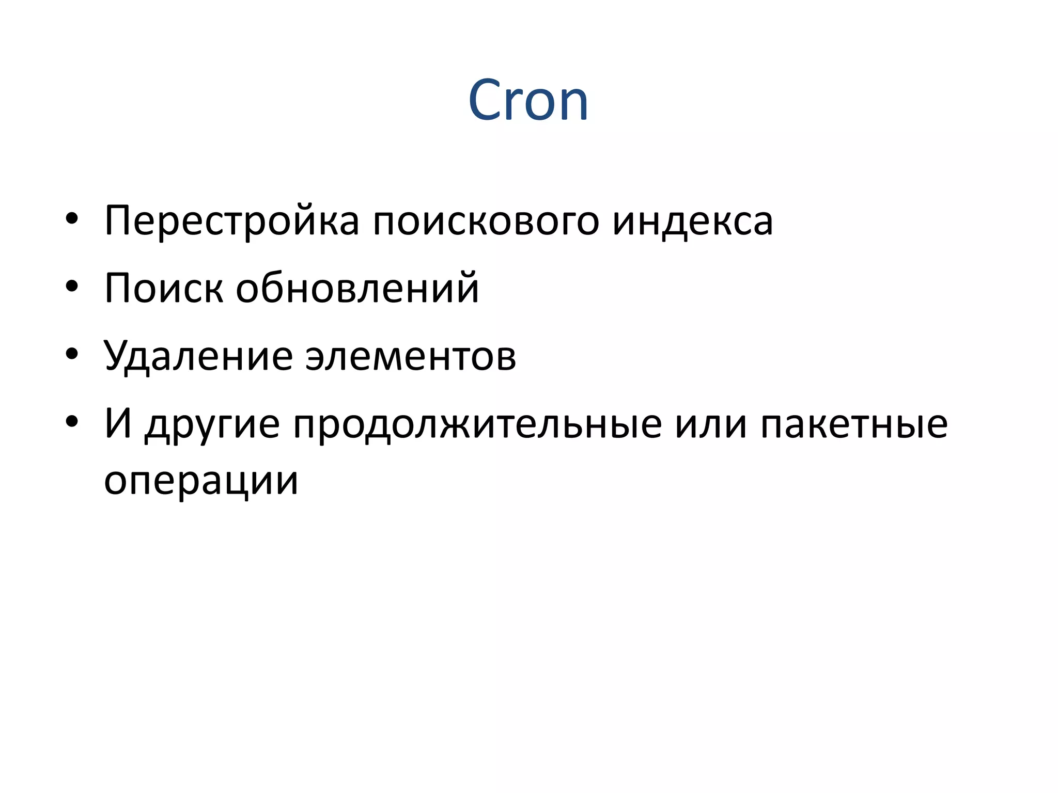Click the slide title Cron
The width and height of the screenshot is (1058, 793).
click(x=528, y=100)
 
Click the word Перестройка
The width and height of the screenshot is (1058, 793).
click(x=231, y=221)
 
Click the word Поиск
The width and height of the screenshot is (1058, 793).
click(x=164, y=288)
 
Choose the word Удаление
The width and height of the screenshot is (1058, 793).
click(x=198, y=356)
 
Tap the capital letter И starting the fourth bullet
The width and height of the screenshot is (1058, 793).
click(x=118, y=423)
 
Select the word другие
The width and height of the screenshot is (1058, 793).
click(x=212, y=424)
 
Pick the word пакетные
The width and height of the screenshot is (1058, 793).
click(x=854, y=424)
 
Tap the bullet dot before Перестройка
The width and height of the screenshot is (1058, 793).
click(x=72, y=219)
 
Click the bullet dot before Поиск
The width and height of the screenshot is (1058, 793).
click(x=72, y=286)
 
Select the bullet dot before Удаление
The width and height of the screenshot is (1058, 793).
click(x=72, y=354)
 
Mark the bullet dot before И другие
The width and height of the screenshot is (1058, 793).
click(x=72, y=422)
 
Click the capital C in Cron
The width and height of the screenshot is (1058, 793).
click(x=486, y=100)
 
